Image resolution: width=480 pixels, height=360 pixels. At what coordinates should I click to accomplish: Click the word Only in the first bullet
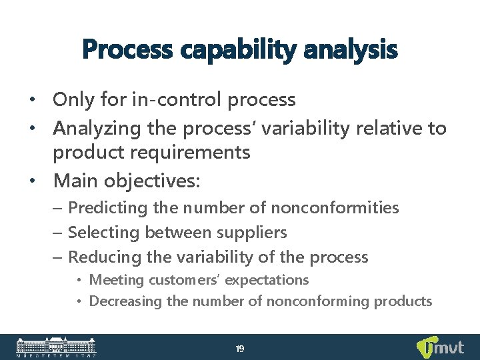click(74, 100)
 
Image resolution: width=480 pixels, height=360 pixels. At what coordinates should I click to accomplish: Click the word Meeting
click(117, 280)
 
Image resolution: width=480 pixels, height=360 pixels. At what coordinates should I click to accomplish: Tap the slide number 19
click(240, 349)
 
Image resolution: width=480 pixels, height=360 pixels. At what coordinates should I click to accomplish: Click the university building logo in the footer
click(56, 347)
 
